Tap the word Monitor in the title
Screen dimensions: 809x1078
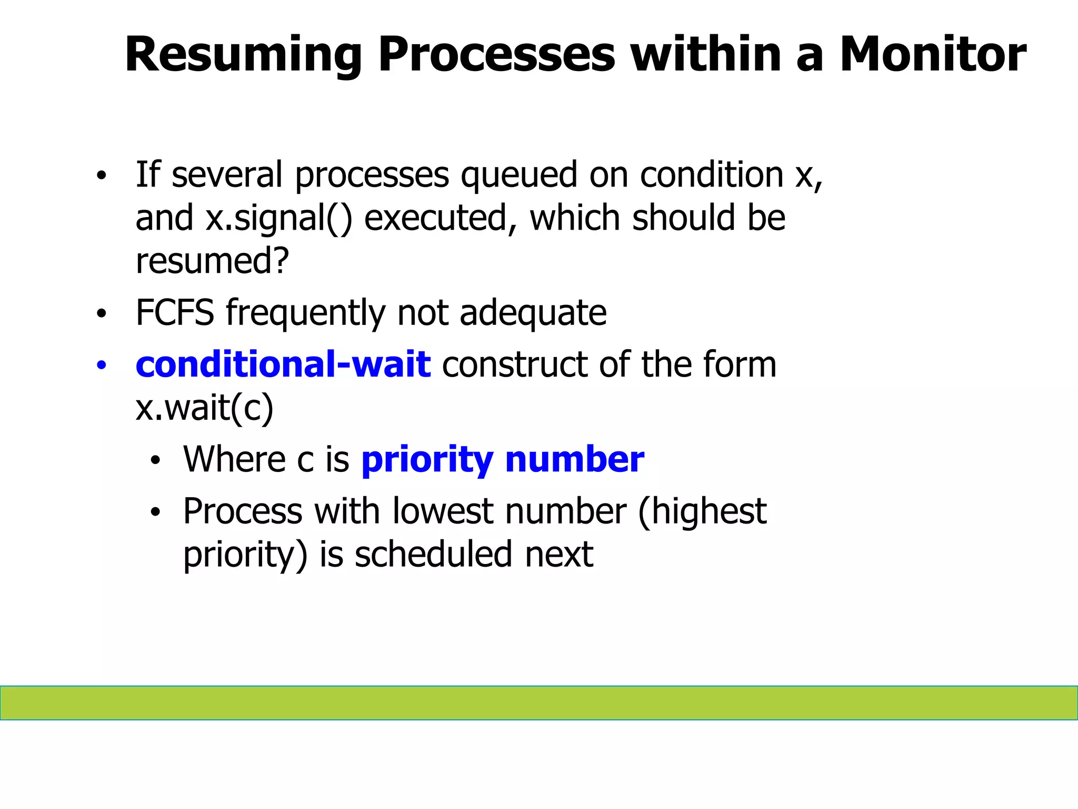coord(932,54)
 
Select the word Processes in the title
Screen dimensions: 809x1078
coord(496,54)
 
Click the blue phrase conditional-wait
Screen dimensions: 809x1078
coord(283,364)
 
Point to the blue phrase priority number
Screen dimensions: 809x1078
coord(503,459)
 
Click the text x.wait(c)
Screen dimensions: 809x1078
coord(205,408)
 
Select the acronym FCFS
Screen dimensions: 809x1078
coord(175,312)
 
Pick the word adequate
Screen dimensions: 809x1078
coord(533,312)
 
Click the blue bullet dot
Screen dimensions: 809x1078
coord(102,365)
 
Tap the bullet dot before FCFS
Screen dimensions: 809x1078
coord(102,314)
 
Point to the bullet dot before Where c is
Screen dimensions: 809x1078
coord(155,461)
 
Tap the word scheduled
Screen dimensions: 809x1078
coord(433,554)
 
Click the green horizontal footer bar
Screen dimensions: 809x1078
coord(539,703)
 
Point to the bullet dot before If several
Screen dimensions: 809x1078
coord(102,176)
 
